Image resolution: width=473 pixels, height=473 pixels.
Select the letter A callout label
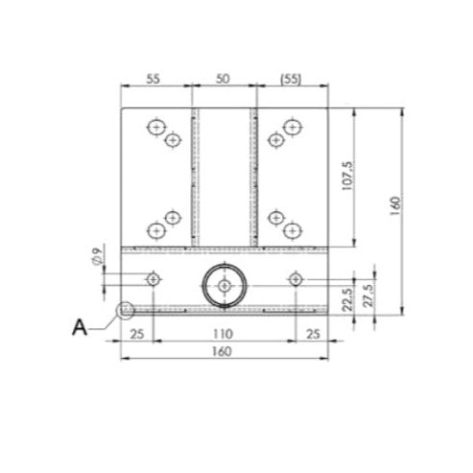coord(82,326)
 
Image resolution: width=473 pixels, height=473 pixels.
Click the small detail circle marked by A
coord(123,310)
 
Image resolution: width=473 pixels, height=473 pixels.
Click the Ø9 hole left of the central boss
coord(152,278)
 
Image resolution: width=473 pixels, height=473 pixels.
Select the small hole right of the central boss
coord(296,278)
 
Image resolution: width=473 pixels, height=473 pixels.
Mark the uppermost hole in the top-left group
coord(155,126)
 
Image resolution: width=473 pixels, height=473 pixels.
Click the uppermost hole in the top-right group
coord(292,126)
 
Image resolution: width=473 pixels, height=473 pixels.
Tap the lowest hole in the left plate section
coord(155,230)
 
